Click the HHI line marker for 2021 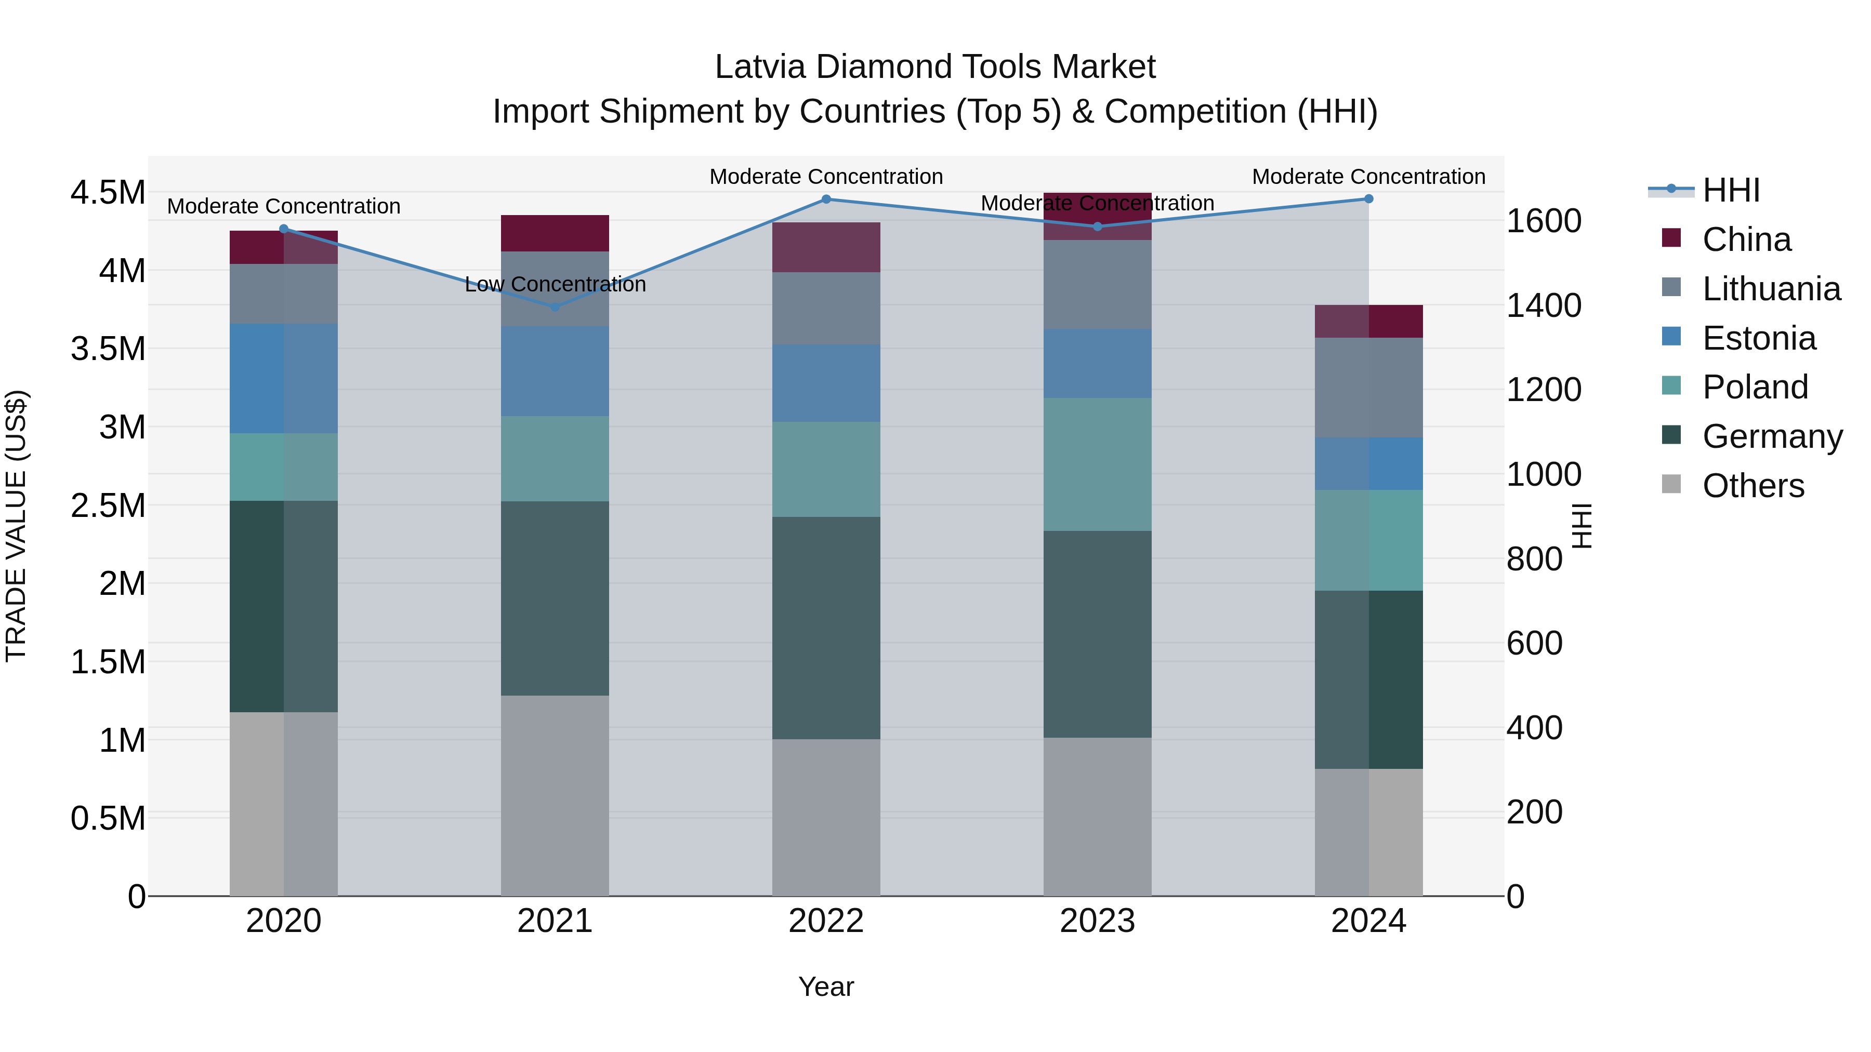click(x=555, y=307)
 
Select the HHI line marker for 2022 click(x=826, y=199)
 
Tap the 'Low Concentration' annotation click(x=555, y=285)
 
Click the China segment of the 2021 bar click(x=555, y=233)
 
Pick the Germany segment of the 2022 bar click(x=826, y=628)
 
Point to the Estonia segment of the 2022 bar click(x=826, y=383)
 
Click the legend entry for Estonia click(x=1758, y=338)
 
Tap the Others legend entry click(x=1753, y=486)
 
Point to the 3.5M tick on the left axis click(x=108, y=349)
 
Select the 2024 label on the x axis click(x=1368, y=921)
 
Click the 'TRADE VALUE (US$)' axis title click(x=16, y=526)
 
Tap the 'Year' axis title click(x=826, y=987)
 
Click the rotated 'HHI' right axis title click(x=1580, y=526)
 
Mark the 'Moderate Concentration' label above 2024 click(x=1368, y=177)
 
